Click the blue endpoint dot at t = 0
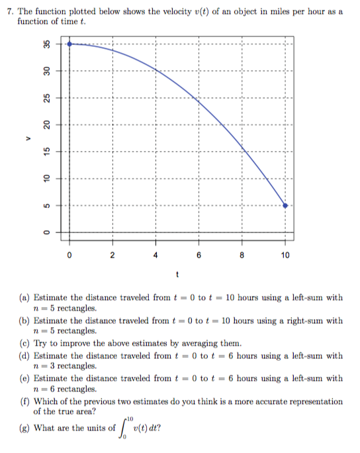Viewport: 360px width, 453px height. tap(69, 44)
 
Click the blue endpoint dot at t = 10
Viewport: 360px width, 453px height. tap(285, 206)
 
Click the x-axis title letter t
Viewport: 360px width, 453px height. tap(177, 274)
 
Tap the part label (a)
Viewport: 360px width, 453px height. tap(24, 299)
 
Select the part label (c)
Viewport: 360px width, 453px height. tap(24, 342)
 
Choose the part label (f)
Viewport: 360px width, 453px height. tap(24, 401)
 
